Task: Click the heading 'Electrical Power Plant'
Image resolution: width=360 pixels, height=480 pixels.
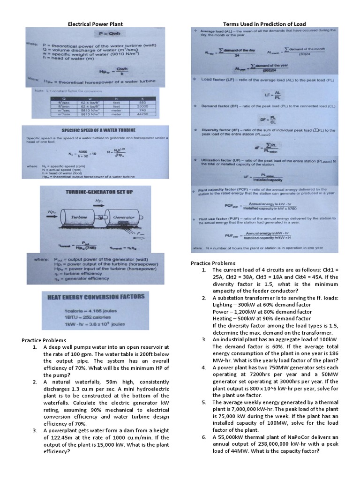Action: tap(96, 23)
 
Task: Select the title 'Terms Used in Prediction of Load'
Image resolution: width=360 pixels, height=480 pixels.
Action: tap(265, 23)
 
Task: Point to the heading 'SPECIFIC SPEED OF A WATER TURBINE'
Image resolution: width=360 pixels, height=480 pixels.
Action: tap(91, 130)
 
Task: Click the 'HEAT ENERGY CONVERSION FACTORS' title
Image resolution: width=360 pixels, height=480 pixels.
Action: tap(96, 297)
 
